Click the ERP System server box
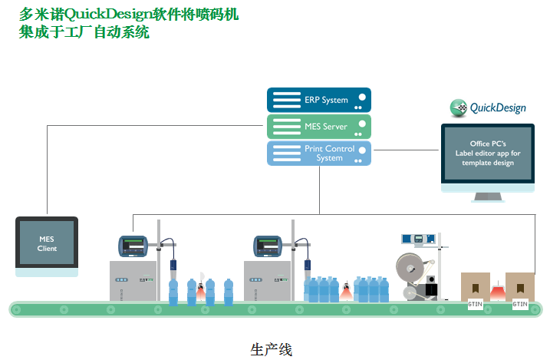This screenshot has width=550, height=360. [x=319, y=100]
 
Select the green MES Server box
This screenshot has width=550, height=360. [x=319, y=127]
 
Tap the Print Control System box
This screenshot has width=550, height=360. [x=319, y=153]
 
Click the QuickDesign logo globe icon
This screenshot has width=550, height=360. [x=459, y=107]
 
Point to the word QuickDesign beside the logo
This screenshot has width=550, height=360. [x=498, y=107]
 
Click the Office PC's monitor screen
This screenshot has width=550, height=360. [x=488, y=154]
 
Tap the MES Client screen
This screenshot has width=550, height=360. [x=47, y=243]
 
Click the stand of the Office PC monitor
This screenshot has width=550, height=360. [x=488, y=197]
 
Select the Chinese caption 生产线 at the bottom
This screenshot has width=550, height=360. [x=271, y=350]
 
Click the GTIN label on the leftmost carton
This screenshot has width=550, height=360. [x=476, y=304]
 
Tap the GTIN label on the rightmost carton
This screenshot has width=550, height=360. [x=520, y=304]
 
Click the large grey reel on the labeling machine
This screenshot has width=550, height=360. [x=410, y=268]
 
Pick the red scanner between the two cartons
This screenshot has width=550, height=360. [x=497, y=292]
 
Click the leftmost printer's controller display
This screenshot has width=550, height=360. [x=133, y=246]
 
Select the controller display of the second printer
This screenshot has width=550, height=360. [x=268, y=246]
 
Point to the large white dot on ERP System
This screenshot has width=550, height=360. [x=362, y=97]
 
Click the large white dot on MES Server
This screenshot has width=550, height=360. [x=362, y=124]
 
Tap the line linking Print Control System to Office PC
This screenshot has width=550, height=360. [x=407, y=150]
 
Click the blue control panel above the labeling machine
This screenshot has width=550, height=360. [x=418, y=239]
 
